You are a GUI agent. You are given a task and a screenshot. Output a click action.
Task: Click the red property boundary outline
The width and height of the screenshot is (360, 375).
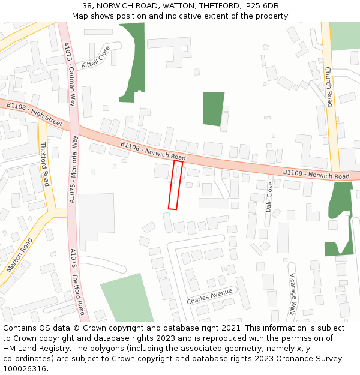175,185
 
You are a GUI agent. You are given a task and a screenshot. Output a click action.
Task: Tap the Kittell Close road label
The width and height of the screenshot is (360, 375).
96,57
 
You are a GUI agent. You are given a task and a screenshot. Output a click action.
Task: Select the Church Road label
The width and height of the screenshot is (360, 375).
328,87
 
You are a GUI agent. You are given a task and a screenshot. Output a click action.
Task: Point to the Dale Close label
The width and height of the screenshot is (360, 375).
269,197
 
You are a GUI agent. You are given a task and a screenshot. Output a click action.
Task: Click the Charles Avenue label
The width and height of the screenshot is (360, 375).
209,296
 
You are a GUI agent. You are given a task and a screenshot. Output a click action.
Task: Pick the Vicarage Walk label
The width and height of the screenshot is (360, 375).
293,294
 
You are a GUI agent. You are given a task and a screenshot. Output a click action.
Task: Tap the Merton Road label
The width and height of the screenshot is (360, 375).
20,255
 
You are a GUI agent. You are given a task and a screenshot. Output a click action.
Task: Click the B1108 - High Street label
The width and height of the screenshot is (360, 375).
34,113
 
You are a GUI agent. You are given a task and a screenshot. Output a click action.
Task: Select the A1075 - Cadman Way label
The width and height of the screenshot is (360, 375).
69,74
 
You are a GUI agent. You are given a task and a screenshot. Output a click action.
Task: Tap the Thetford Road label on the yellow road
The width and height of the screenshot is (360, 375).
44,164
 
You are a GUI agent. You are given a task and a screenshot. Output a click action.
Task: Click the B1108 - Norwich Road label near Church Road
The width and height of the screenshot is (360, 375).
316,175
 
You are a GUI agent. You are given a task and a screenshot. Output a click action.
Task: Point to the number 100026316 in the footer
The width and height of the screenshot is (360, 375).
26,368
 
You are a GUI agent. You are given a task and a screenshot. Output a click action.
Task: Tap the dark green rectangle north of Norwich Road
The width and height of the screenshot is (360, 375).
213,109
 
